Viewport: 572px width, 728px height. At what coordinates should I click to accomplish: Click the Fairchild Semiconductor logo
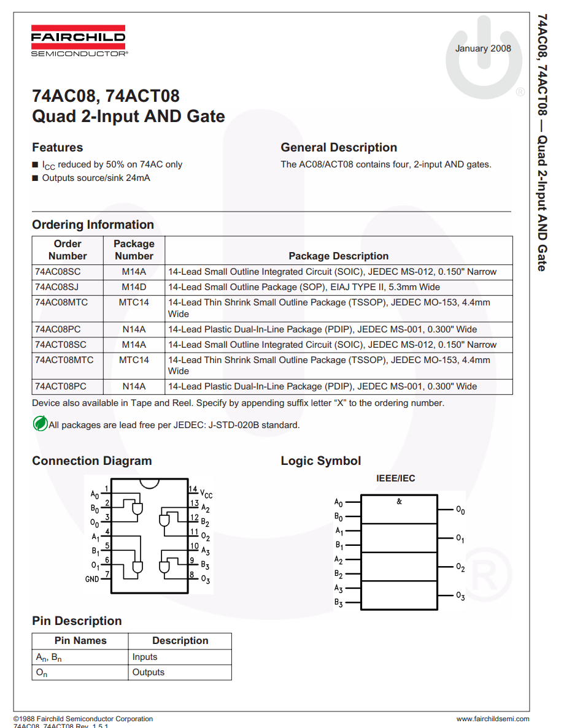point(78,40)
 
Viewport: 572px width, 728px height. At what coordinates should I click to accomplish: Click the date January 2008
point(483,48)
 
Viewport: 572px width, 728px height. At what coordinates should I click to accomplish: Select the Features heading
point(57,147)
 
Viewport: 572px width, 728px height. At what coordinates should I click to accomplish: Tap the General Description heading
point(339,147)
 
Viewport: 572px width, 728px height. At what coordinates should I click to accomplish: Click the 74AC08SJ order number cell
point(58,287)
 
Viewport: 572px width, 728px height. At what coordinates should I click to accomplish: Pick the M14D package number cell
point(134,287)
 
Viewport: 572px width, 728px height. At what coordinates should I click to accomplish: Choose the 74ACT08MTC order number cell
point(64,360)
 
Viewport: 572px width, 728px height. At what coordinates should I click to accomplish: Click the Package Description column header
point(338,256)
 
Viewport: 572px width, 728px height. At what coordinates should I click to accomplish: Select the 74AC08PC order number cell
point(58,329)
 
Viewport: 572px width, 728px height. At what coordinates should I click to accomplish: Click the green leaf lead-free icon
point(40,423)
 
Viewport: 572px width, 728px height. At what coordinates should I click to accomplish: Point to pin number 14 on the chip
point(193,489)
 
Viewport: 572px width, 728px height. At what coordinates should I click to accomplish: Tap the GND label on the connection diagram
point(91,579)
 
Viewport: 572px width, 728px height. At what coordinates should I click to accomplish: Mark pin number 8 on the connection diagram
point(192,575)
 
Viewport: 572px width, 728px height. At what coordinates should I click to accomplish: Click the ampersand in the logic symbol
point(399,502)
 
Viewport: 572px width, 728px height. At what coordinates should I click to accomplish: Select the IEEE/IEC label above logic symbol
point(395,478)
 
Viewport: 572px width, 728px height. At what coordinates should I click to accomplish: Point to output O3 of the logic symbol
point(460,596)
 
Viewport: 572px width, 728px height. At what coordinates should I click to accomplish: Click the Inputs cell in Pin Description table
point(145,657)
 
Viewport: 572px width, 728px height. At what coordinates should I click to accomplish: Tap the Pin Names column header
point(80,641)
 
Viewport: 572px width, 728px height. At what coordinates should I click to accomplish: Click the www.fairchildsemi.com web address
point(492,719)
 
